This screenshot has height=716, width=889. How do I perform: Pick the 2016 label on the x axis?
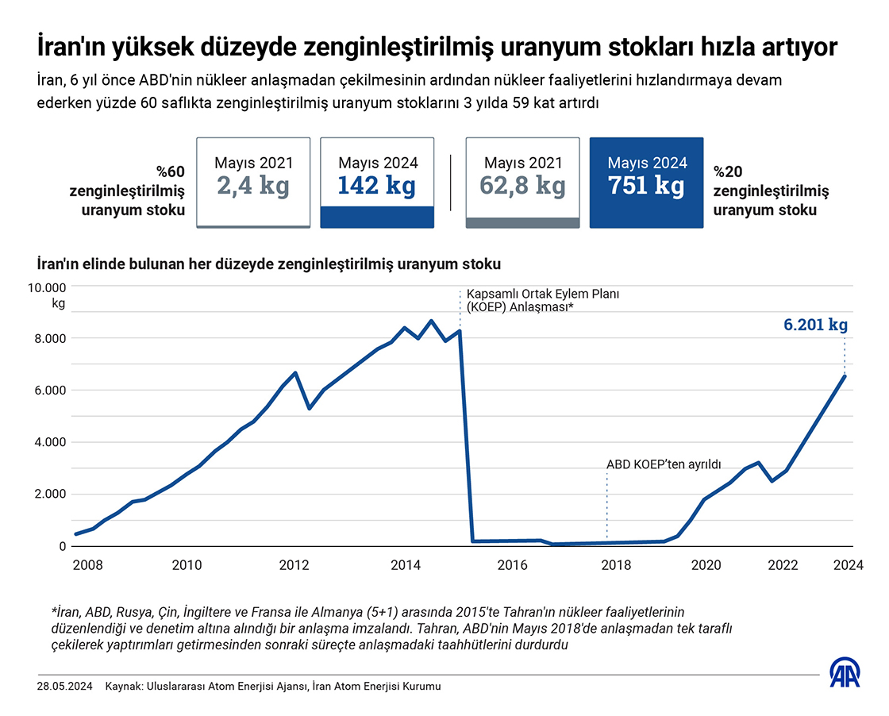(x=513, y=565)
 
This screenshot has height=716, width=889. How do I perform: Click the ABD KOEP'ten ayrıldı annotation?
(x=664, y=464)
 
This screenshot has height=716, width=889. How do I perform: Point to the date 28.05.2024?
(x=63, y=686)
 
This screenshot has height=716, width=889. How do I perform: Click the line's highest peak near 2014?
(x=431, y=321)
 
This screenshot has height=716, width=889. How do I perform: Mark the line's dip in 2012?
(x=309, y=409)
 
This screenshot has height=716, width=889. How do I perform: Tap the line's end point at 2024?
(x=845, y=375)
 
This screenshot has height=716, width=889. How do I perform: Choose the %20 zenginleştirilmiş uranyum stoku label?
(x=771, y=191)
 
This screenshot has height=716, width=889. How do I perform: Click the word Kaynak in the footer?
(x=122, y=686)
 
